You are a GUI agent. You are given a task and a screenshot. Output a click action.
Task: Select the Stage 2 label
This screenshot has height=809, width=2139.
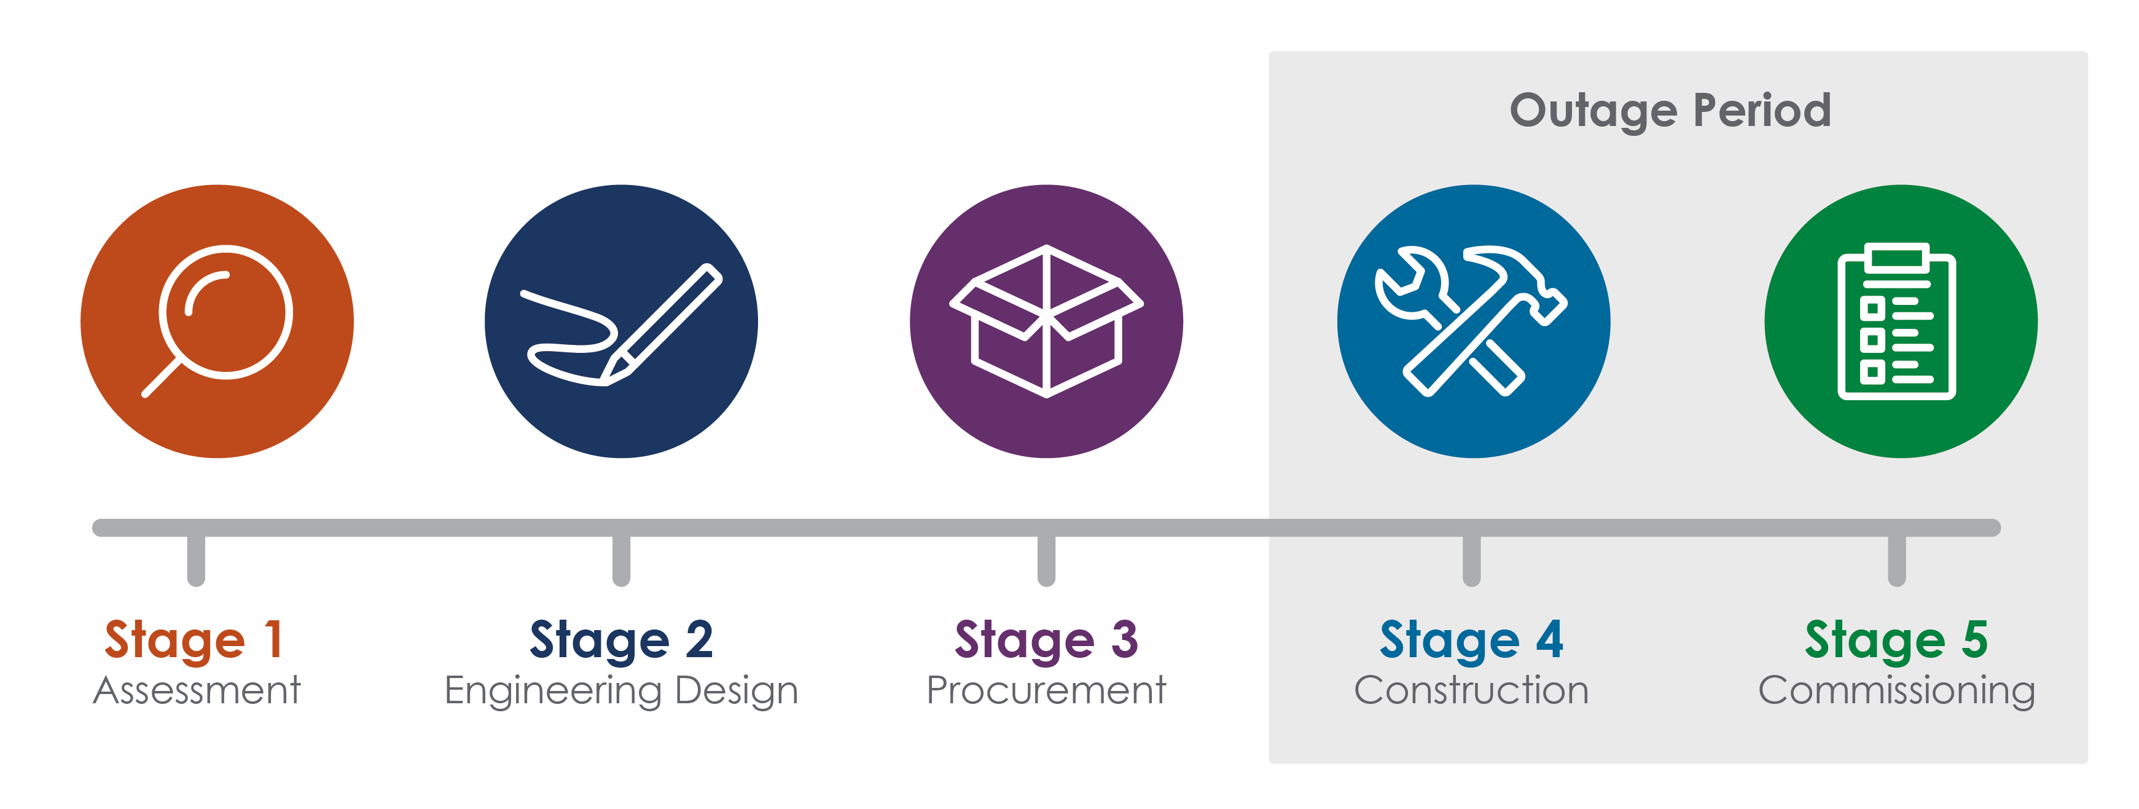(x=621, y=639)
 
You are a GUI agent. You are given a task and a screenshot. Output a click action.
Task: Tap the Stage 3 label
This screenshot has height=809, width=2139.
(x=1046, y=639)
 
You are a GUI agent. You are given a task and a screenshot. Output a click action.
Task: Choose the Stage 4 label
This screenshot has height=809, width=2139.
(x=1471, y=639)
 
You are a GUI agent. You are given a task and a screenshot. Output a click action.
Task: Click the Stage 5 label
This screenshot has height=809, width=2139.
(x=1896, y=639)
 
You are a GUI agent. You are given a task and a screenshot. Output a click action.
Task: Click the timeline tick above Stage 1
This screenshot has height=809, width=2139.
(x=196, y=560)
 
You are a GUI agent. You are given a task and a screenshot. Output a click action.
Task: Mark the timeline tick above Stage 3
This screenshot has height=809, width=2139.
(x=1046, y=560)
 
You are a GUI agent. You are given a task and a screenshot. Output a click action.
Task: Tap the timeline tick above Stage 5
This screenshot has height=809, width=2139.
(x=1896, y=560)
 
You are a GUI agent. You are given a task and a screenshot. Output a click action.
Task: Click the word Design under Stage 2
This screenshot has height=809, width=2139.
(x=736, y=692)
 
